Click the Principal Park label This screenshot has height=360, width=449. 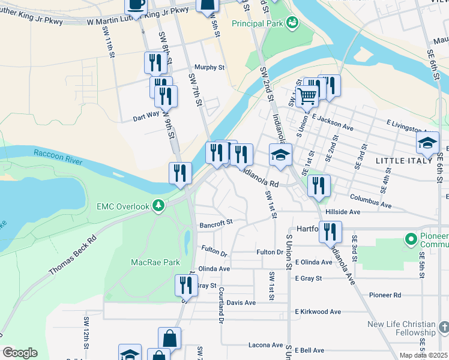pyautogui.click(x=258, y=24)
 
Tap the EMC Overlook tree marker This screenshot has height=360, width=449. pyautogui.click(x=158, y=206)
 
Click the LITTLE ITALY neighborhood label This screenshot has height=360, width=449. pyautogui.click(x=403, y=161)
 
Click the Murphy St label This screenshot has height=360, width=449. pyautogui.click(x=209, y=68)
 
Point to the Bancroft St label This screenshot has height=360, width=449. pyautogui.click(x=216, y=223)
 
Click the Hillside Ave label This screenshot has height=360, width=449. pyautogui.click(x=342, y=212)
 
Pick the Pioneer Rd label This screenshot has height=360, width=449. pyautogui.click(x=385, y=295)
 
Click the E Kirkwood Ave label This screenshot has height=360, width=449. pyautogui.click(x=318, y=312)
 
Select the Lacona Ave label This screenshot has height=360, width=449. pyautogui.click(x=265, y=345)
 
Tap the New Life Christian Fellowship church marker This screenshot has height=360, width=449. pyautogui.click(x=443, y=328)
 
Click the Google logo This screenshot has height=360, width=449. pyautogui.click(x=20, y=353)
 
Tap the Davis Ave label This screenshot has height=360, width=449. pyautogui.click(x=241, y=302)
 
